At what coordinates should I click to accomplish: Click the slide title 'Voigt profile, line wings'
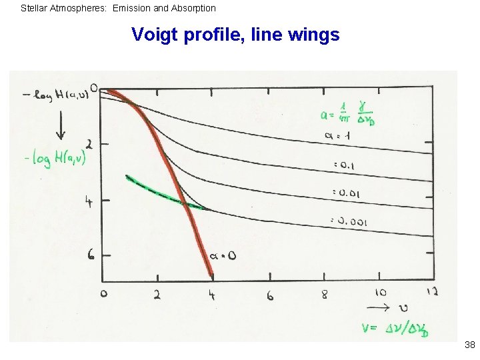coord(235,34)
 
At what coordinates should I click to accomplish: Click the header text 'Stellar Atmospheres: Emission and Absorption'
coord(119,9)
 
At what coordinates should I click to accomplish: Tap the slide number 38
coord(469,345)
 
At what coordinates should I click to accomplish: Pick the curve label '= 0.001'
coord(349,221)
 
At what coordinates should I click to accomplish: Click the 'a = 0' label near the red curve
coord(223,255)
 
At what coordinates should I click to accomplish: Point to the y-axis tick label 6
coord(92,255)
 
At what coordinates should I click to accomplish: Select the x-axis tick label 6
coord(270,295)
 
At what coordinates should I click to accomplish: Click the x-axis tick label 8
coord(325,295)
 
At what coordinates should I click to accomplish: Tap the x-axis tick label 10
coord(381,293)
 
